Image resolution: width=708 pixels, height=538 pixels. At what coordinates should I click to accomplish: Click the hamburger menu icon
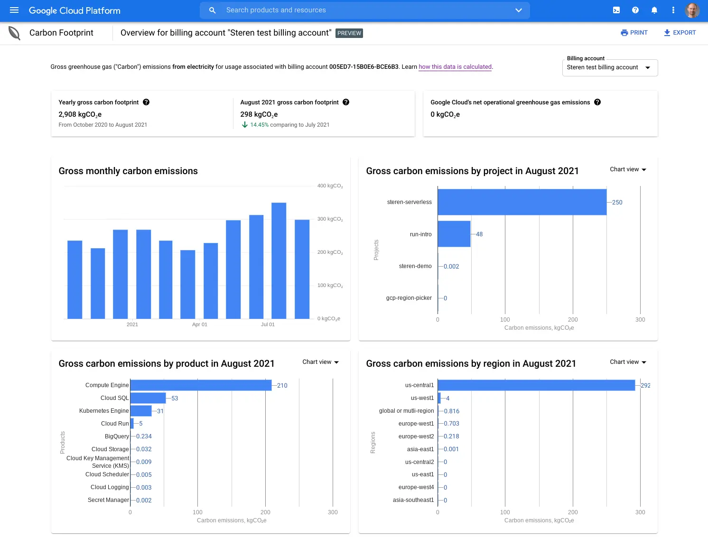point(14,10)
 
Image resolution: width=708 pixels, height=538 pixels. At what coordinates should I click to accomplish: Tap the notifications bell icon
point(654,10)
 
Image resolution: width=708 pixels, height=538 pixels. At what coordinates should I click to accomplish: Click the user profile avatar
point(692,10)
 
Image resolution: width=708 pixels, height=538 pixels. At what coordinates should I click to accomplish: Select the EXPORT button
point(680,33)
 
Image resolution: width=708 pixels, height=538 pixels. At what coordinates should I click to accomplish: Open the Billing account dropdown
point(610,67)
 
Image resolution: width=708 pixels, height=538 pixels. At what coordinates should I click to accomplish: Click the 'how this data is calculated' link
point(455,67)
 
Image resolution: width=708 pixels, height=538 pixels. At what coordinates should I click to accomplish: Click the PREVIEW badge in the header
point(349,33)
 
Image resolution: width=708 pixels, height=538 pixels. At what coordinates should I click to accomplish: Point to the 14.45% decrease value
point(259,125)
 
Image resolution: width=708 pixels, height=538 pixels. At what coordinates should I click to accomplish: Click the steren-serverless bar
point(522,202)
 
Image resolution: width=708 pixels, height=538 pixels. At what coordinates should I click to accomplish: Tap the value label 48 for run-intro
point(479,234)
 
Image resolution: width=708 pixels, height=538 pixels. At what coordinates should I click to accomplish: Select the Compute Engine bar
point(201,385)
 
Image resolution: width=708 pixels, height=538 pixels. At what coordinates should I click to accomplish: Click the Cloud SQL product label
point(114,398)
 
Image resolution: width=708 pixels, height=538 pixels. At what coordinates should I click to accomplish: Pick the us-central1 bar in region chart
point(536,385)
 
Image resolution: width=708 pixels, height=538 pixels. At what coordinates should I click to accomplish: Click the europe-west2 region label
point(416,436)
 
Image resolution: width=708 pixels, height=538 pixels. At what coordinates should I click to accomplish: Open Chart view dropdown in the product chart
point(321,362)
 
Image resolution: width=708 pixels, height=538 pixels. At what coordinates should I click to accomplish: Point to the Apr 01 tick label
point(199,325)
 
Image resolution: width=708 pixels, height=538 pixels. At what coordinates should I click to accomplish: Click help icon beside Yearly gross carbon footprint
point(146,102)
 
